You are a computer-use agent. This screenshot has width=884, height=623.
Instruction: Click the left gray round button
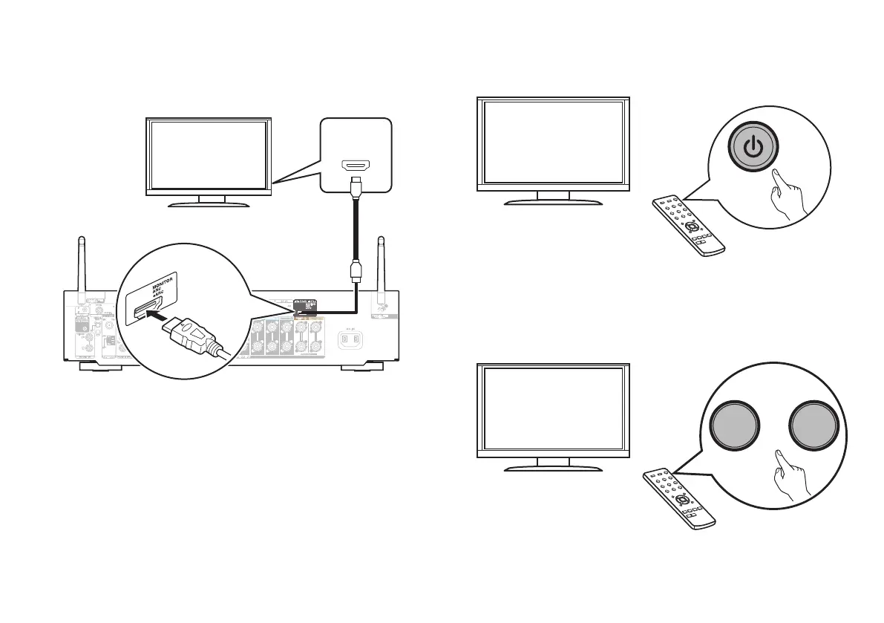(734, 430)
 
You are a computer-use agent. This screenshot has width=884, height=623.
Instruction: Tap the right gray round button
(814, 430)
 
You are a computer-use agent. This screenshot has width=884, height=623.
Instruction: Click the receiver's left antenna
(80, 263)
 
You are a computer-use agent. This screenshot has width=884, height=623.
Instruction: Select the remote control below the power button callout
(687, 226)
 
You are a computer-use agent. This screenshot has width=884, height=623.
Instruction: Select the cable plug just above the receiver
(354, 273)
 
